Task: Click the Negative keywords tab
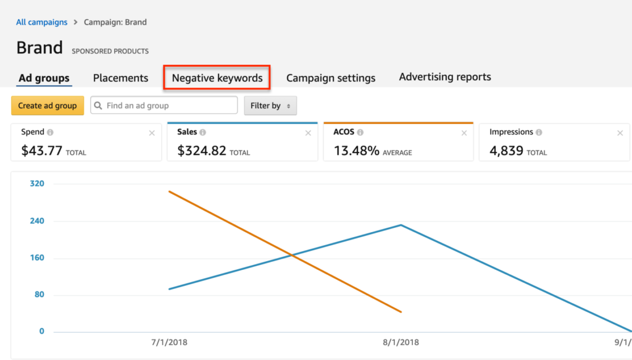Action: pyautogui.click(x=217, y=78)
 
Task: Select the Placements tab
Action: pyautogui.click(x=120, y=78)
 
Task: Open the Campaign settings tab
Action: pyautogui.click(x=331, y=78)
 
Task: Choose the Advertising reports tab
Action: pyautogui.click(x=445, y=77)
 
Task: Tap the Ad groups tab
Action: pyautogui.click(x=44, y=78)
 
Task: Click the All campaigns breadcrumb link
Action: pyautogui.click(x=42, y=22)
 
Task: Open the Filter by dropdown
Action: pyautogui.click(x=270, y=106)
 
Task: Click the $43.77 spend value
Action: pyautogui.click(x=41, y=150)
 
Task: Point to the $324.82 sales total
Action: pyautogui.click(x=201, y=150)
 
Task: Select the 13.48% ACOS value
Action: pyautogui.click(x=356, y=150)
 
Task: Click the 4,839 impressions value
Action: pyautogui.click(x=506, y=150)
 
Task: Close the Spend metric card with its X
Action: pyautogui.click(x=152, y=133)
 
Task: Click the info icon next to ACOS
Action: pyautogui.click(x=360, y=132)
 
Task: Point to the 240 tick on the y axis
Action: pyautogui.click(x=38, y=220)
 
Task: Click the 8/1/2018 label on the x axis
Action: pyautogui.click(x=401, y=342)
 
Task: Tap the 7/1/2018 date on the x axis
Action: pyautogui.click(x=168, y=342)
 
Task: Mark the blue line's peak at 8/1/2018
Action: pyautogui.click(x=401, y=225)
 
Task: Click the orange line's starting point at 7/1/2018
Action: pyautogui.click(x=168, y=191)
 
